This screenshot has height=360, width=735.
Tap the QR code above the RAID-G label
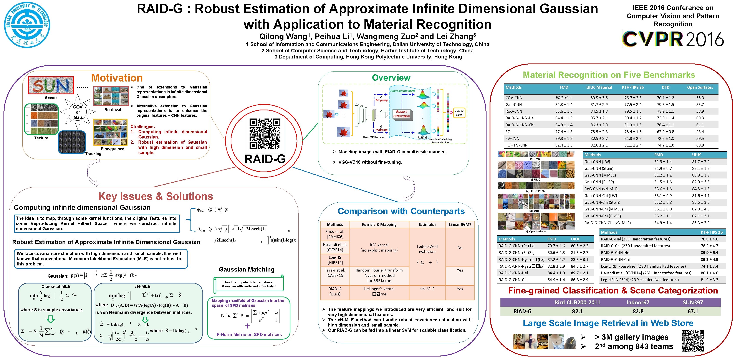[x=265, y=134]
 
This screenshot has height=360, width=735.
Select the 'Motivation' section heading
[x=117, y=78]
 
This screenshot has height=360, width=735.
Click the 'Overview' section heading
[x=391, y=78]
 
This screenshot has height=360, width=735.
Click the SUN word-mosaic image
[x=51, y=85]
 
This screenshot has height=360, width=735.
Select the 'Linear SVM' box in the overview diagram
[x=459, y=113]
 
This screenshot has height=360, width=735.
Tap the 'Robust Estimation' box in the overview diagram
[x=401, y=114]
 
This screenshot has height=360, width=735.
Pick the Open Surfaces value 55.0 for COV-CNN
[x=700, y=98]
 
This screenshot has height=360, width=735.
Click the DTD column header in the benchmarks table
[x=665, y=87]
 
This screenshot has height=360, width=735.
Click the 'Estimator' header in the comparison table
[x=427, y=224]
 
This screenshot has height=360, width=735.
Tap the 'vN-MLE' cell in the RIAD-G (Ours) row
[x=427, y=289]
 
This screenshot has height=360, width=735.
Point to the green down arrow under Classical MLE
[x=51, y=319]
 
